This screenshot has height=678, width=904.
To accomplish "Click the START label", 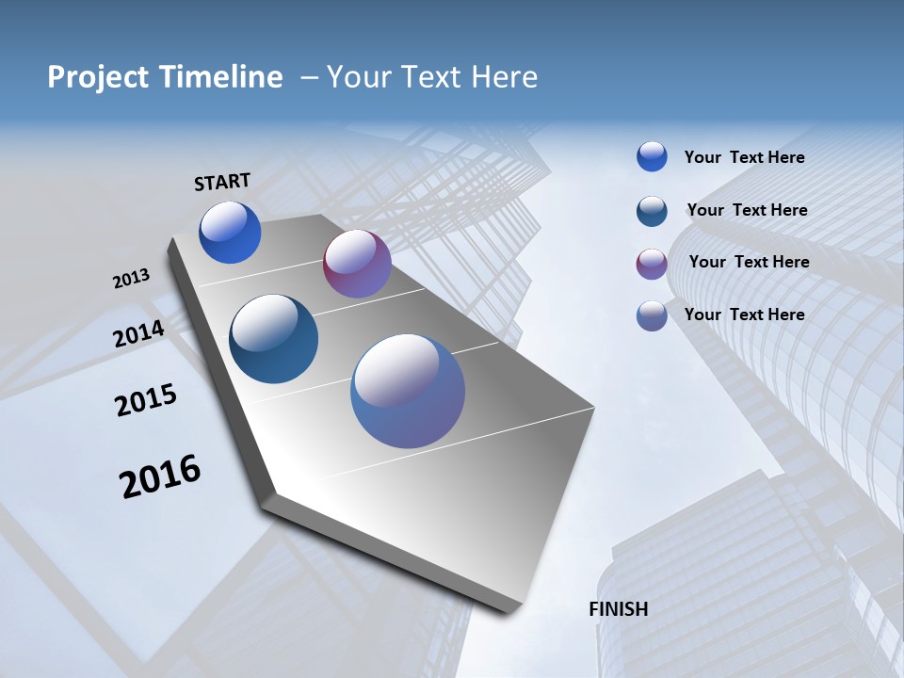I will coord(222,182).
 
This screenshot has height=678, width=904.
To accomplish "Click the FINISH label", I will coord(619,609).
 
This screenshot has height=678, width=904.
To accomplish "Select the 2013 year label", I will coord(131,279).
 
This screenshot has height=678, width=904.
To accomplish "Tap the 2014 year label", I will coord(139,333).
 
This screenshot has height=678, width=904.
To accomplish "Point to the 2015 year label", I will coord(146,400).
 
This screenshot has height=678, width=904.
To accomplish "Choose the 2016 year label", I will coord(160,476).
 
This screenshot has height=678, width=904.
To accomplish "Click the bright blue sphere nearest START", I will coord(230,233).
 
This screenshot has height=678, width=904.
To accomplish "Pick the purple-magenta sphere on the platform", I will coord(357,264).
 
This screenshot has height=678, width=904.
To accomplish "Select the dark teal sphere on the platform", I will coord(273,339).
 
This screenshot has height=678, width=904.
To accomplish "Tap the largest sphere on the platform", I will coord(408,391).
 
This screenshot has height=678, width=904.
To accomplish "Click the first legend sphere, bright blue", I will coord(652,157).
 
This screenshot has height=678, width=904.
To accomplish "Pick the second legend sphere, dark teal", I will coord(652,211).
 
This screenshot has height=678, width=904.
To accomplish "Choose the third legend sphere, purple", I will coord(652,264).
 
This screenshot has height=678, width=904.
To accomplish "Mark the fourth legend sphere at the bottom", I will coord(652,315).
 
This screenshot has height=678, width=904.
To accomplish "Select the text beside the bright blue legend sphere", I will coord(744,157).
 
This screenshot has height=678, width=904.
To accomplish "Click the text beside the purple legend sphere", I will coord(749,262).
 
